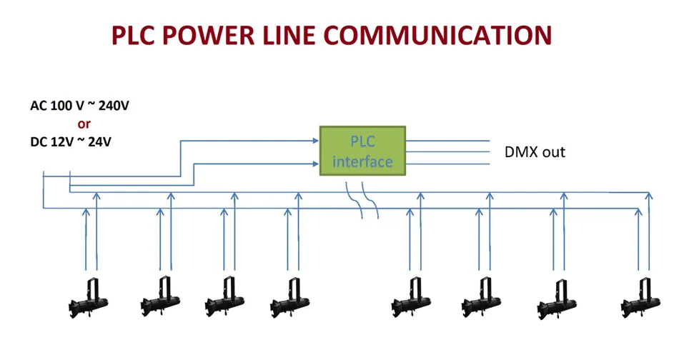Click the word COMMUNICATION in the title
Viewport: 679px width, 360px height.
(437, 36)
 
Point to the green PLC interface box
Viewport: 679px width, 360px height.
(362, 151)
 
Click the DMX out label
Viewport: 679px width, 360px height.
(535, 152)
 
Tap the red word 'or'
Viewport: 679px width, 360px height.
(84, 124)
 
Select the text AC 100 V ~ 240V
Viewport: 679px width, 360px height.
(79, 106)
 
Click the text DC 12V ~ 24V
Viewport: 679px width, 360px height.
(71, 142)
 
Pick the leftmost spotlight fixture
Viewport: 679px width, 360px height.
(89, 298)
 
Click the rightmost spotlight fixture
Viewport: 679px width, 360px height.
(641, 298)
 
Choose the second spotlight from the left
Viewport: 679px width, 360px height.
(161, 297)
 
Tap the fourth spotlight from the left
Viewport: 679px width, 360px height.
(291, 298)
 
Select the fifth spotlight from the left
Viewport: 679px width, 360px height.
(411, 298)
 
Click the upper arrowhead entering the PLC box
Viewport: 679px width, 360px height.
(316, 140)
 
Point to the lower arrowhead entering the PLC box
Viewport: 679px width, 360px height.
(316, 164)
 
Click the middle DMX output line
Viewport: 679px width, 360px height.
(447, 152)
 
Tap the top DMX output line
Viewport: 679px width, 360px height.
(447, 141)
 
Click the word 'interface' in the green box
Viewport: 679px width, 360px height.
(362, 162)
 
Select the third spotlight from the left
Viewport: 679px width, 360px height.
(224, 298)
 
